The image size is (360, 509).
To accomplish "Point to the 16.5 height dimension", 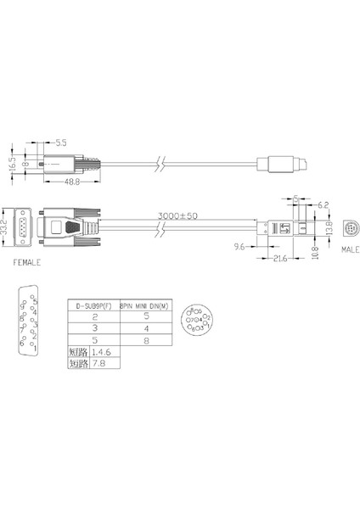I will coord(12,163).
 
